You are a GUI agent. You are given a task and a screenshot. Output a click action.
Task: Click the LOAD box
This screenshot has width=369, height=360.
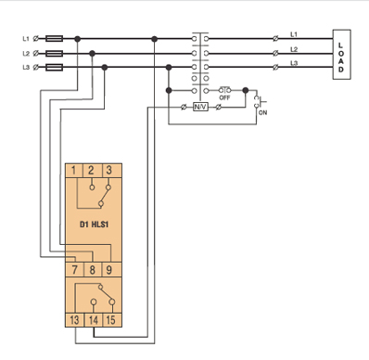[x=341, y=55]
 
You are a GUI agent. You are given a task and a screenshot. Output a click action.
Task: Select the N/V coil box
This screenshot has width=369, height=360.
[x=200, y=107]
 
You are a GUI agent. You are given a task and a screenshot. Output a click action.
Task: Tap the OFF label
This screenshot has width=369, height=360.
[x=224, y=97]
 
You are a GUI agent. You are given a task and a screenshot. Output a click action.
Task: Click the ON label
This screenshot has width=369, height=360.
[x=262, y=112]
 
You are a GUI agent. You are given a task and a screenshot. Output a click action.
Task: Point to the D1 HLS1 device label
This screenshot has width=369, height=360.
[x=94, y=225]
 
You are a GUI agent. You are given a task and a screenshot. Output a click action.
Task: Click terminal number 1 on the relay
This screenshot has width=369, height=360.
[x=73, y=171]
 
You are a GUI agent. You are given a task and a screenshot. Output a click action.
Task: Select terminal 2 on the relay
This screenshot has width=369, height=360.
[x=91, y=171]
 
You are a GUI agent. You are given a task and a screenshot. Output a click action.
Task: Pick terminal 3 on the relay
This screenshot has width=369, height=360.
[x=108, y=171]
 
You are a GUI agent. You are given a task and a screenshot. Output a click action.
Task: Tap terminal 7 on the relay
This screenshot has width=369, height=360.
[x=74, y=270]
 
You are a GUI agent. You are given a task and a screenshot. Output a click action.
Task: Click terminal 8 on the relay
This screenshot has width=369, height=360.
[x=92, y=270]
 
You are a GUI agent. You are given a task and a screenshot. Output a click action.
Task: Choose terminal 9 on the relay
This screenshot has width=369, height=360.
[x=109, y=270]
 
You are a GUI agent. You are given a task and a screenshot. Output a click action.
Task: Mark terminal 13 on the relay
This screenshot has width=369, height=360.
[x=74, y=320]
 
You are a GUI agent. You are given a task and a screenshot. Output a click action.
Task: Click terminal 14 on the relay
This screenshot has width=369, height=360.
[x=93, y=320]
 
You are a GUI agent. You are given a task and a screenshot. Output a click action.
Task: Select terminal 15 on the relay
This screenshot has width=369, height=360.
[x=110, y=320]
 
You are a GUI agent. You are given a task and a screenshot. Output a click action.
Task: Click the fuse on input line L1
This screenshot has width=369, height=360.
[x=55, y=39]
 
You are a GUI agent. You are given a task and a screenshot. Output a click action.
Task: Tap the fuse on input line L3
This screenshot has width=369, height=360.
[x=55, y=67]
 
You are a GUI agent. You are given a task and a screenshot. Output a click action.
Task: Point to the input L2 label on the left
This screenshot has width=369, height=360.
[x=26, y=53]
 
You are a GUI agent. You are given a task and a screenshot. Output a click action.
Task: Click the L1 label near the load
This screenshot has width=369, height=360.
[x=294, y=34]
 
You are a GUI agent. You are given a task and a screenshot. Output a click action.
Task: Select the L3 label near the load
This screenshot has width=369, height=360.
[x=294, y=63]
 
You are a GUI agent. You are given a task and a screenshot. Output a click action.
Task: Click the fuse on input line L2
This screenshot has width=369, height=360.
[x=55, y=54]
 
